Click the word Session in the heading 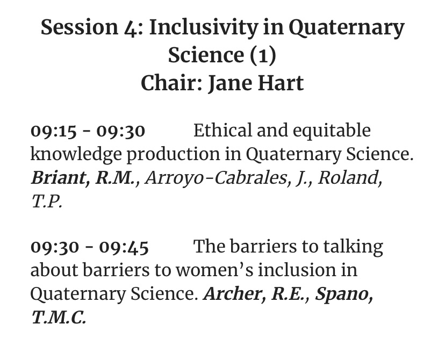[x=79, y=27]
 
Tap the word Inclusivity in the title [x=204, y=28]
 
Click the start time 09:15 [x=54, y=131]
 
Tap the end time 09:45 [x=124, y=247]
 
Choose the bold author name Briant [x=58, y=178]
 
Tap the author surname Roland [x=348, y=178]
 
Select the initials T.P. [x=47, y=201]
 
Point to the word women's [x=214, y=270]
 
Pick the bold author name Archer [x=233, y=293]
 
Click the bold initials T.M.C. [x=58, y=318]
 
